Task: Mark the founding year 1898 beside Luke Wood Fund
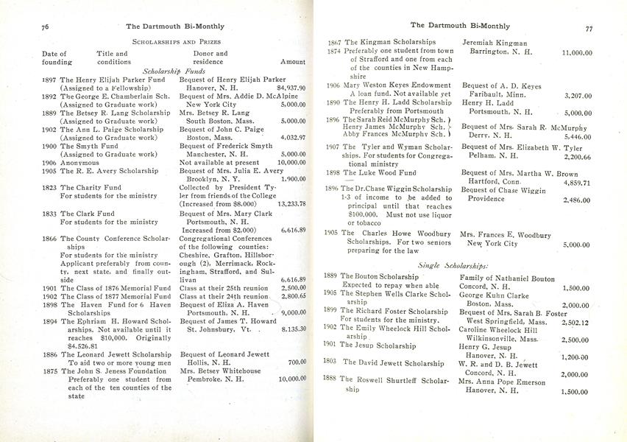pos(332,173)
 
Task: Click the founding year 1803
pos(330,362)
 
